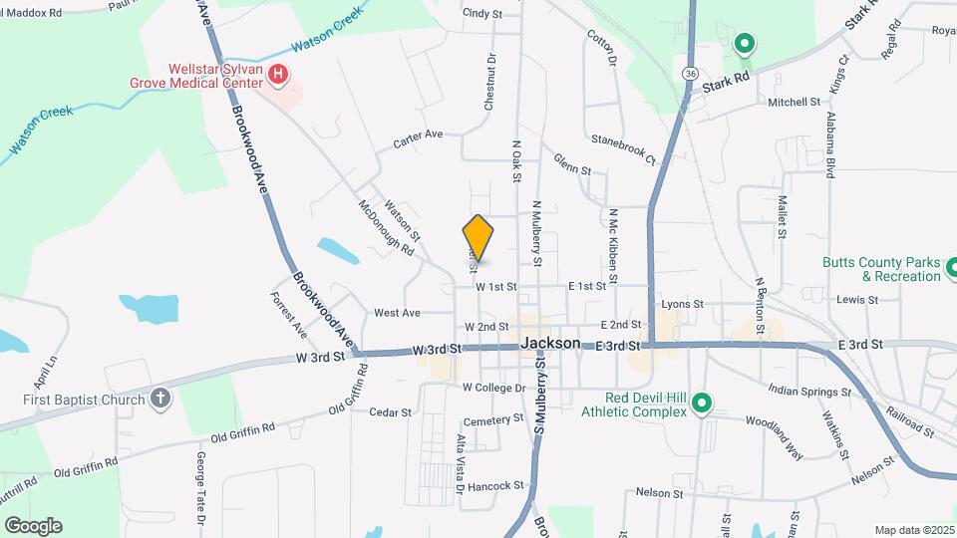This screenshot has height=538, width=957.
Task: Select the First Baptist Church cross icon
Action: click(x=159, y=400)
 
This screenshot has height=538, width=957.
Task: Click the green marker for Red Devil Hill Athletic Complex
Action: click(x=702, y=403)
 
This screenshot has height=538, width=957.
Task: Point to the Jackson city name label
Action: click(x=550, y=343)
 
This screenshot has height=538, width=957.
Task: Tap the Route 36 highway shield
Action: click(x=690, y=74)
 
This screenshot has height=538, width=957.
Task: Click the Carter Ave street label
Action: click(x=418, y=138)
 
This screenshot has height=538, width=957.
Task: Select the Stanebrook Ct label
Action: click(x=623, y=148)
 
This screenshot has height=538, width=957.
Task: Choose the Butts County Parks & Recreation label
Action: click(x=881, y=269)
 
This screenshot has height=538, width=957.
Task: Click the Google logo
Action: click(x=33, y=525)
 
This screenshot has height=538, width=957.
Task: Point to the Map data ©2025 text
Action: click(x=913, y=529)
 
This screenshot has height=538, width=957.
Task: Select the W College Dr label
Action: click(x=492, y=388)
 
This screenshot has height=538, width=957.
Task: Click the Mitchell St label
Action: click(x=794, y=102)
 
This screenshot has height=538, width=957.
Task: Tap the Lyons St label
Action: click(x=683, y=303)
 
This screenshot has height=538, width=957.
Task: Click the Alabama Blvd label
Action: click(x=829, y=145)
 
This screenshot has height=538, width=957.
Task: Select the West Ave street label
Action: click(x=397, y=313)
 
